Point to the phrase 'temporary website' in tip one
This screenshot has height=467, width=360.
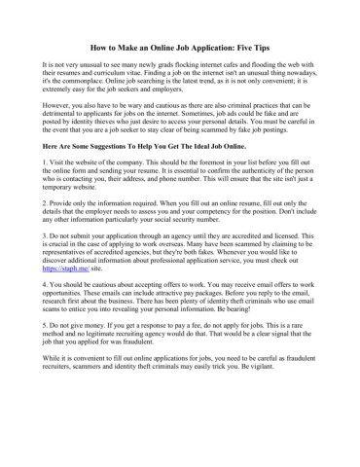coord(69,191)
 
